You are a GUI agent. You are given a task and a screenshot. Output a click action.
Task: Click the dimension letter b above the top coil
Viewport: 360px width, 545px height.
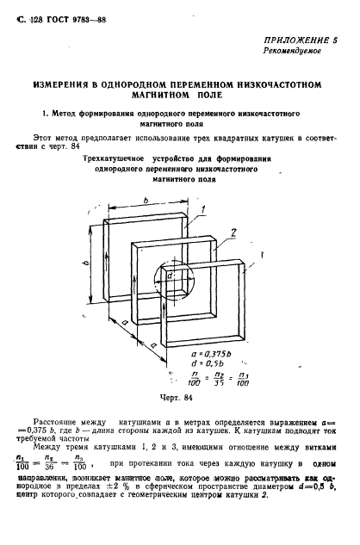[149, 201]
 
